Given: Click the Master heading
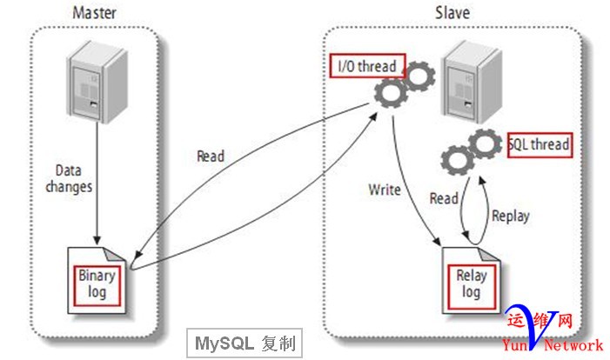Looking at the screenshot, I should [94, 13].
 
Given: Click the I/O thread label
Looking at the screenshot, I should [366, 66].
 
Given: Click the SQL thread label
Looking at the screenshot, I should [540, 144].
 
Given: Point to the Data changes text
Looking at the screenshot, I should [73, 179].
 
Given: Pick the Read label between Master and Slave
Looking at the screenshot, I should [210, 157].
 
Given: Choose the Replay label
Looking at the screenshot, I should [509, 214].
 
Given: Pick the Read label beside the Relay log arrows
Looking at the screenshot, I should [444, 198].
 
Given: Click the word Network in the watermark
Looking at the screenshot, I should [573, 345].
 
